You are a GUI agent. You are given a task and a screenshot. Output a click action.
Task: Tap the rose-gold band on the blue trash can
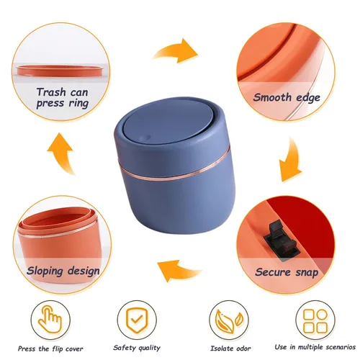pyautogui.click(x=173, y=171)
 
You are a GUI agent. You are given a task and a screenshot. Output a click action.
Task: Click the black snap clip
pyautogui.click(x=282, y=240)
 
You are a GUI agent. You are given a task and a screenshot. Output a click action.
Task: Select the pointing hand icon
pyautogui.click(x=50, y=319)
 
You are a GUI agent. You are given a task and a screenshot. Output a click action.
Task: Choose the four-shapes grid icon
pyautogui.click(x=315, y=320)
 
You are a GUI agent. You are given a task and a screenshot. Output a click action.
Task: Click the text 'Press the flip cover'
pyautogui.click(x=50, y=348)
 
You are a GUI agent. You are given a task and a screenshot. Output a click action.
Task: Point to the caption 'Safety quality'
pyautogui.click(x=137, y=348)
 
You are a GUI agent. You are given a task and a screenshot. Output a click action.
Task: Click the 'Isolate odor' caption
pyautogui.click(x=230, y=348)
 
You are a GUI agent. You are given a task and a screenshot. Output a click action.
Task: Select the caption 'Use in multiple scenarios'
pyautogui.click(x=315, y=347)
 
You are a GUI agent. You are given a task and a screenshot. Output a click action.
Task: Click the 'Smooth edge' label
pyautogui.click(x=287, y=98)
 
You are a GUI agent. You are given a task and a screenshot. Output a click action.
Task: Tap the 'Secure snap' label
pyautogui.click(x=287, y=272)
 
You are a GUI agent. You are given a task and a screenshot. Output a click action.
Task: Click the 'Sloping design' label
pyautogui.click(x=63, y=271)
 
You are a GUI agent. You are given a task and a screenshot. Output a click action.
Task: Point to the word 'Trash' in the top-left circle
pyautogui.click(x=51, y=92)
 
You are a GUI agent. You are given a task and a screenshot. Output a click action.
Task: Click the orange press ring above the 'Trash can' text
pyautogui.click(x=61, y=71)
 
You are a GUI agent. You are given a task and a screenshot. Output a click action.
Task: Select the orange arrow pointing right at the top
pyautogui.click(x=176, y=51)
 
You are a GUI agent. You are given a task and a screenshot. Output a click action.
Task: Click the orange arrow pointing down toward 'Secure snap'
pyautogui.click(x=292, y=161)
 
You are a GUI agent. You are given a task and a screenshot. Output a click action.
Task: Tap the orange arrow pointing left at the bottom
pyautogui.click(x=179, y=271)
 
